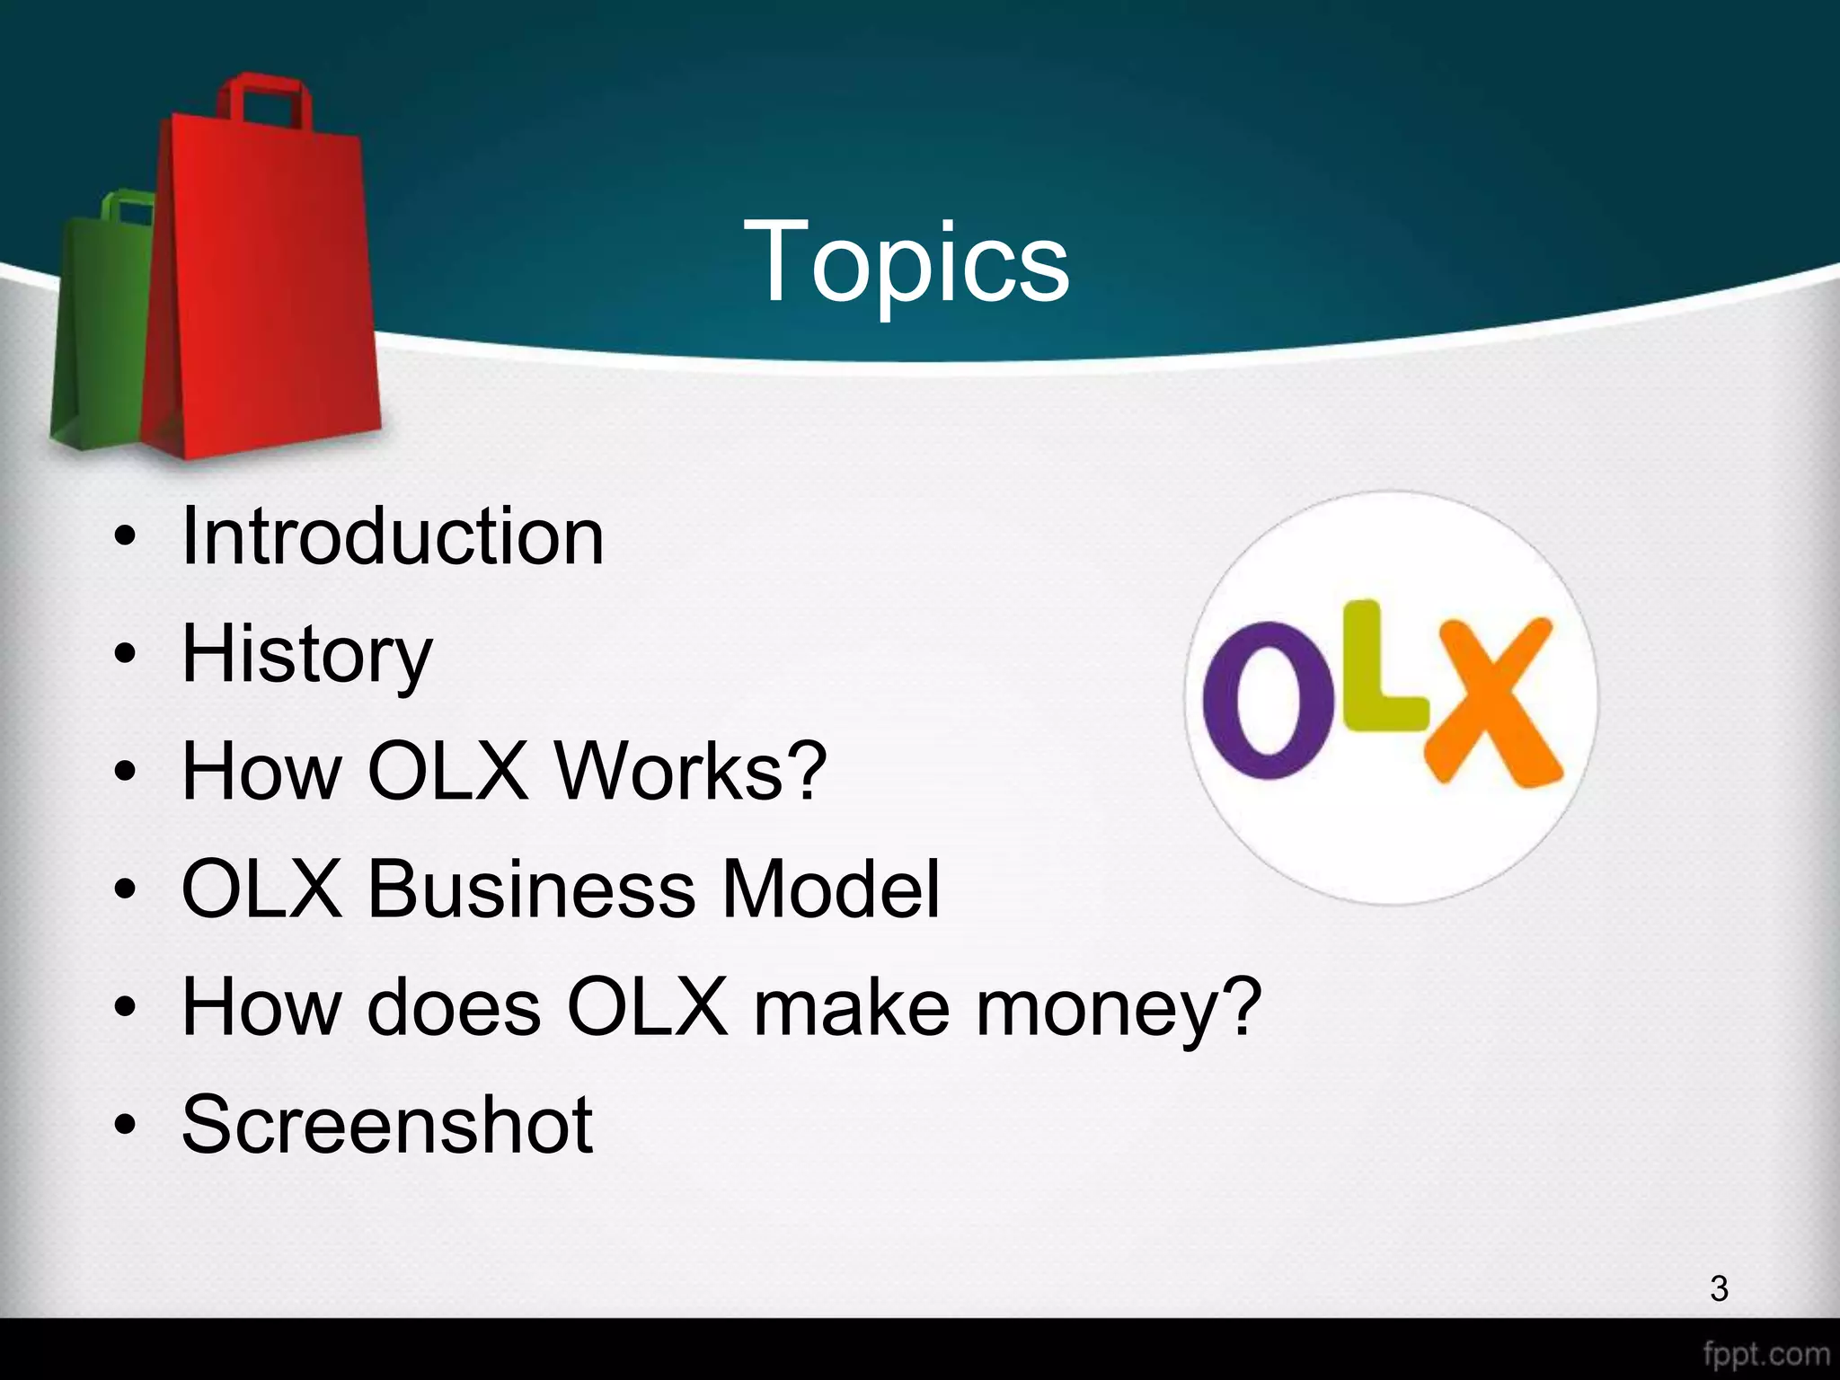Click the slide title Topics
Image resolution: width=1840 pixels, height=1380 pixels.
coord(906,262)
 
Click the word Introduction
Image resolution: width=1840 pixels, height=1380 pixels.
coord(393,536)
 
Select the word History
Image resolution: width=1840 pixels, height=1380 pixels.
coord(306,655)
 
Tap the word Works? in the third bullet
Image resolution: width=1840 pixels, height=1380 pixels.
coord(690,771)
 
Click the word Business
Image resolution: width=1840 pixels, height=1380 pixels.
coord(531,889)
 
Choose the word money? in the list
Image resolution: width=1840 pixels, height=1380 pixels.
coord(1119,1008)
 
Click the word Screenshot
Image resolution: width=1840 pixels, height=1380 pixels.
coord(387,1124)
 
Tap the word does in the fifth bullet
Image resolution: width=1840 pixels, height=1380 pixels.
coord(454,1007)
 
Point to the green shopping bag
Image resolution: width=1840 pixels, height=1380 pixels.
coord(94,341)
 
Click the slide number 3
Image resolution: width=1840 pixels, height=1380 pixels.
coord(1719,1288)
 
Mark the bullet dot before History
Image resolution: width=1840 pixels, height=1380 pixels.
coord(125,655)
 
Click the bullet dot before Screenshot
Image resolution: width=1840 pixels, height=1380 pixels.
coord(125,1125)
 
